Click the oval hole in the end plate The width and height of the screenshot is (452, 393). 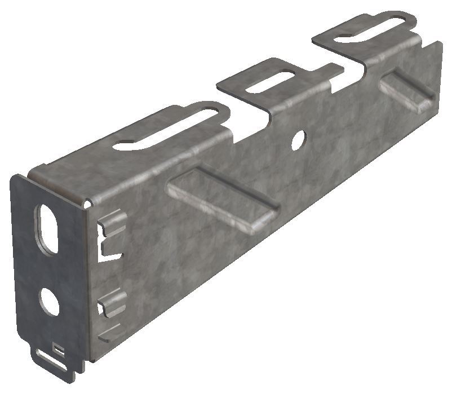(48, 228)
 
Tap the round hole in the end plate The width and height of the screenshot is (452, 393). (49, 302)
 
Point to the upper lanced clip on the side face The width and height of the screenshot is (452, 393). (113, 222)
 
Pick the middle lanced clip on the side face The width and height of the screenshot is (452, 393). (113, 303)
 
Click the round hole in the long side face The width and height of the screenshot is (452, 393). (298, 139)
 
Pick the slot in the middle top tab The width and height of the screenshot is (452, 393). (271, 82)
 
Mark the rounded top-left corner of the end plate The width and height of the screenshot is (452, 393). (15, 179)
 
